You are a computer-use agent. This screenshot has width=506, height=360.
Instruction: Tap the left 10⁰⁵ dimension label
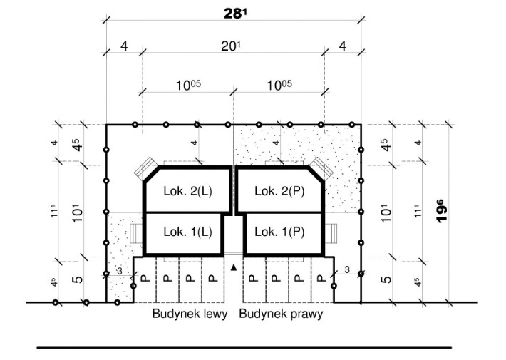coord(188,84)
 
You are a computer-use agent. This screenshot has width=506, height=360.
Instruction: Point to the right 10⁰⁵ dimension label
coord(279,84)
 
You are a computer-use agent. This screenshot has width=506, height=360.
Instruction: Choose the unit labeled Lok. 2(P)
coord(279,191)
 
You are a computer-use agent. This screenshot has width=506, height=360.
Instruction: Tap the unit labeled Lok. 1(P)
coord(279,232)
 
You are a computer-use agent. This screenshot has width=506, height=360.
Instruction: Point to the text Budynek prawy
coord(281,314)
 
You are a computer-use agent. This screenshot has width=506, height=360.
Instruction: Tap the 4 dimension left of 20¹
coord(124,46)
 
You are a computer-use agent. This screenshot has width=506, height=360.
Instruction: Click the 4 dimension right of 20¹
coord(342,46)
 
